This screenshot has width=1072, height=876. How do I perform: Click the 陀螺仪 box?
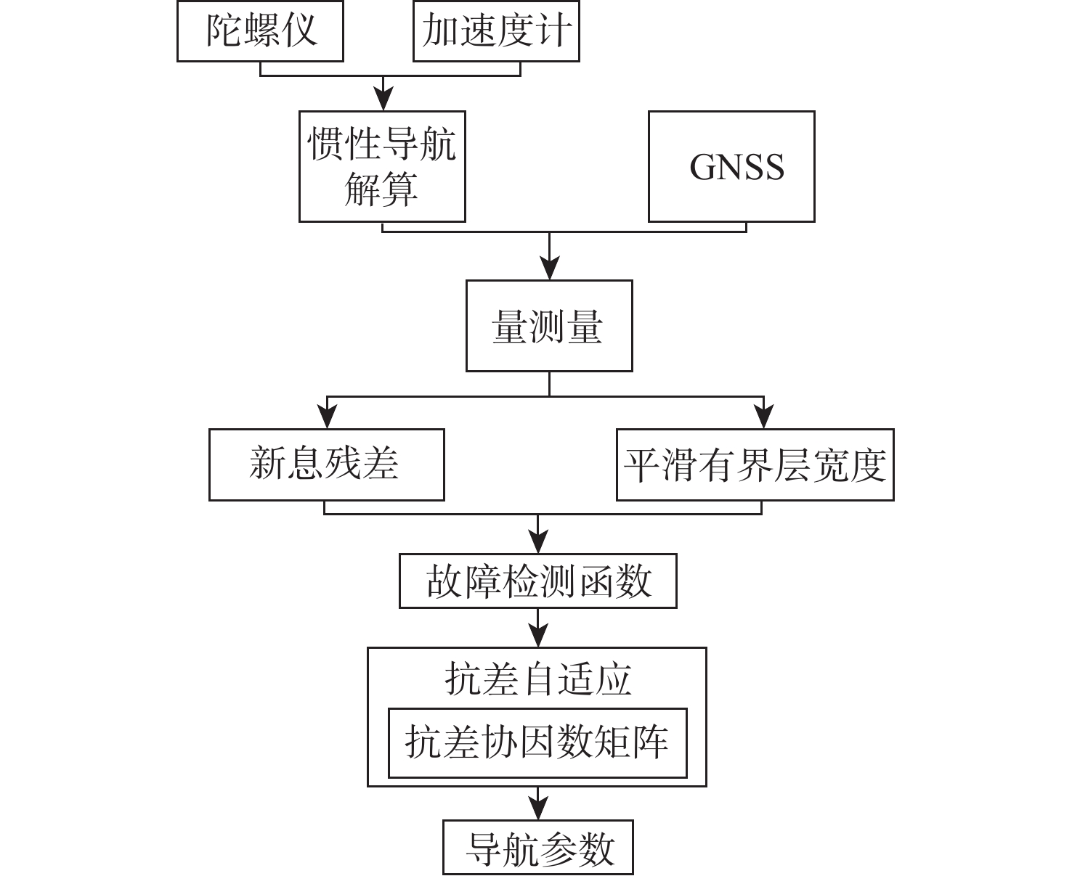[x=260, y=31]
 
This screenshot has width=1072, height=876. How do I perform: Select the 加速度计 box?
[x=496, y=31]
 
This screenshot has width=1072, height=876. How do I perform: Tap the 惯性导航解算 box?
[x=382, y=166]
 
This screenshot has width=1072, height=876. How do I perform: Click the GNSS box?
[x=731, y=166]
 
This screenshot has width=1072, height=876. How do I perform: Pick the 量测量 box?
[x=548, y=326]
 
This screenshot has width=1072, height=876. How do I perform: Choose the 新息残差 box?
[x=326, y=464]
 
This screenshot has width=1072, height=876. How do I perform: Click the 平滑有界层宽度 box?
[x=755, y=464]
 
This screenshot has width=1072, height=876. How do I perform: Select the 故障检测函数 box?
[x=537, y=581]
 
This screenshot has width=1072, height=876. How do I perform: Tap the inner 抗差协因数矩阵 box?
[x=537, y=742]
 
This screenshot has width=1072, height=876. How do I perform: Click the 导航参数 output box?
[x=538, y=847]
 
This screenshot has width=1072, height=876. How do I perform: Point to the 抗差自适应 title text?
[x=537, y=679]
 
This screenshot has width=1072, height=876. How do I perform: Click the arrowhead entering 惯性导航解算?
[x=382, y=100]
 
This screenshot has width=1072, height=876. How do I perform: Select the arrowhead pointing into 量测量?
[x=549, y=269]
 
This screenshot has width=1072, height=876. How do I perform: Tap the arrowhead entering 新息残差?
[x=326, y=417]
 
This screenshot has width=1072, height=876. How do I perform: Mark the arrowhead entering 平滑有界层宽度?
[x=763, y=417]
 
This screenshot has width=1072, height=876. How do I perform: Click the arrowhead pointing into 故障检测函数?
[x=537, y=543]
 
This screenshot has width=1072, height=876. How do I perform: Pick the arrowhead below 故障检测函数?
[x=537, y=636]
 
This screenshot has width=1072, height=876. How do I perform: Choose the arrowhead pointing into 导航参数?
[x=537, y=809]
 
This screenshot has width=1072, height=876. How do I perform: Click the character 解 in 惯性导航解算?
[x=361, y=189]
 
